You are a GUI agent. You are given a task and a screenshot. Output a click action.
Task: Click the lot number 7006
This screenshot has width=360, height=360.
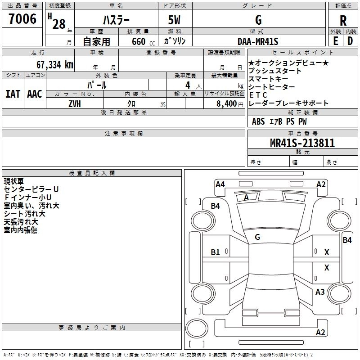click(22, 19)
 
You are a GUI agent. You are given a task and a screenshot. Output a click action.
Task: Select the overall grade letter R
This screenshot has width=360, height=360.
click(343, 21)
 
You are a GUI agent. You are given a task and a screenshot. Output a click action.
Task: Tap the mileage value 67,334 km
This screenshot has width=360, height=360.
click(55, 65)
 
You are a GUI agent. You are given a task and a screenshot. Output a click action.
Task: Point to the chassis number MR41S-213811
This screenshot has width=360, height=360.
click(302, 143)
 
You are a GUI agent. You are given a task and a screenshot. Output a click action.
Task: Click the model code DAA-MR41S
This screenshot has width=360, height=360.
click(258, 41)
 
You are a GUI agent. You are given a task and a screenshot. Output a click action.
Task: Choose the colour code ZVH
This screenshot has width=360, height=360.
click(75, 104)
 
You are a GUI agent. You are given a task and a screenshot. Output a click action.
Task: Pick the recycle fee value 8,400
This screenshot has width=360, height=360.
click(227, 104)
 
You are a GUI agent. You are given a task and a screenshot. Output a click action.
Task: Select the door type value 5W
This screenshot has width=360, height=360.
click(174, 20)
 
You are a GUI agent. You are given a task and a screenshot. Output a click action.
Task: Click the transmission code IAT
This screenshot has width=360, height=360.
click(13, 94)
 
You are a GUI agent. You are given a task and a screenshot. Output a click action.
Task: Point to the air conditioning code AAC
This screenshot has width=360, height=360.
click(35, 94)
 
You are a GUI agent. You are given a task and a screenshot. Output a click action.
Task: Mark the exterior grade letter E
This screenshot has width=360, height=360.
click(336, 41)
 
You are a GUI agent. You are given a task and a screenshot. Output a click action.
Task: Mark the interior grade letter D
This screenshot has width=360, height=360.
click(350, 41)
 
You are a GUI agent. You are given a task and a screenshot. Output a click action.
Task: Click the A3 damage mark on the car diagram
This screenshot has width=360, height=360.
click(320, 292)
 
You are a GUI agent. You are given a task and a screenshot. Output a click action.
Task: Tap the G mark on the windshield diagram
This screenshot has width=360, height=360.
click(257, 237)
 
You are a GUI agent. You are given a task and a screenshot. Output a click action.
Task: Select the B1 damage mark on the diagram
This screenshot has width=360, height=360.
click(215, 252)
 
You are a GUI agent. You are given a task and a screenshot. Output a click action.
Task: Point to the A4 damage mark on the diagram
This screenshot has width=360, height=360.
click(220, 184)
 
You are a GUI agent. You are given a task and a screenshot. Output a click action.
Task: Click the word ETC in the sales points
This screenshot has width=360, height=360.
click(258, 95)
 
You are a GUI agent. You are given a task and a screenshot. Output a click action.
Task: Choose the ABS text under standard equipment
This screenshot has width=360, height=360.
click(258, 121)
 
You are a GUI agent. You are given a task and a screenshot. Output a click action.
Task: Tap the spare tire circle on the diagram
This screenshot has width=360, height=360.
click(197, 328)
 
